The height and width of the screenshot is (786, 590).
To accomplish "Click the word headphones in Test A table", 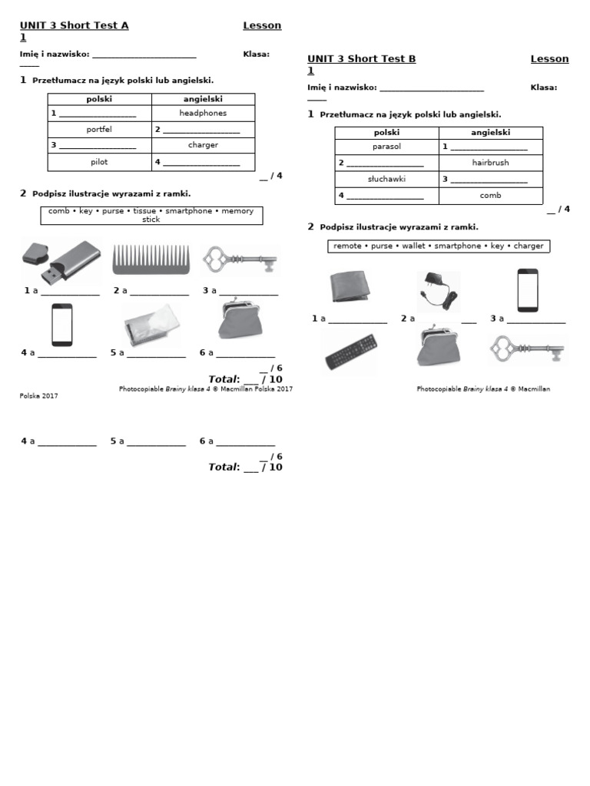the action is click(x=203, y=114).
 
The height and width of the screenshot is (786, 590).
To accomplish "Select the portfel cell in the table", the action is click(x=99, y=129).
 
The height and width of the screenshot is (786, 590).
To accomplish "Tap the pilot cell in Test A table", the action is click(x=99, y=162).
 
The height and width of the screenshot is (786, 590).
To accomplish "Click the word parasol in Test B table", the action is click(x=387, y=147).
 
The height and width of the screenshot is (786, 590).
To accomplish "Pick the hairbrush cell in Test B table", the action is click(x=491, y=163).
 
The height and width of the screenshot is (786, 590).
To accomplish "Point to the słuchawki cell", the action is click(x=387, y=179).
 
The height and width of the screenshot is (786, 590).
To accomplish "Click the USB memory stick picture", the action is click(x=61, y=261).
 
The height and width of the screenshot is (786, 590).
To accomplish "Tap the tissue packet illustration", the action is click(x=151, y=325).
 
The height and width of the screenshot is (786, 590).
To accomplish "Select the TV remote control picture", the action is click(x=351, y=352).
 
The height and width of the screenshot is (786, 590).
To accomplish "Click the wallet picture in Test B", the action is click(x=350, y=287).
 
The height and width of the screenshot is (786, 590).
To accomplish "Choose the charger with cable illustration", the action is click(x=439, y=292).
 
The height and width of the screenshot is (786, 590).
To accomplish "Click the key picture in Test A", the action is click(x=240, y=259).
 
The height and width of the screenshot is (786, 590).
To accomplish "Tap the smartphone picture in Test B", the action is click(x=528, y=290).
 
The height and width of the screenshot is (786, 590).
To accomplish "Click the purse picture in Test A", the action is click(x=240, y=319).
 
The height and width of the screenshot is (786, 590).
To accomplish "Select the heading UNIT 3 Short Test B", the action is click(x=362, y=58).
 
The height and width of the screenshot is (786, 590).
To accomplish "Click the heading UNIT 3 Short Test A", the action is click(x=75, y=25).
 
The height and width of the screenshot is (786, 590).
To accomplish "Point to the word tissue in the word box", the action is click(x=144, y=211).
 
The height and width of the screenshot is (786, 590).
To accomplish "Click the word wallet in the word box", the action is click(x=413, y=246).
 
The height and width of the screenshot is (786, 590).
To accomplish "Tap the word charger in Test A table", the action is click(x=203, y=145).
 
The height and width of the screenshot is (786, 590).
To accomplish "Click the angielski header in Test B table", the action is click(x=491, y=132).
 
